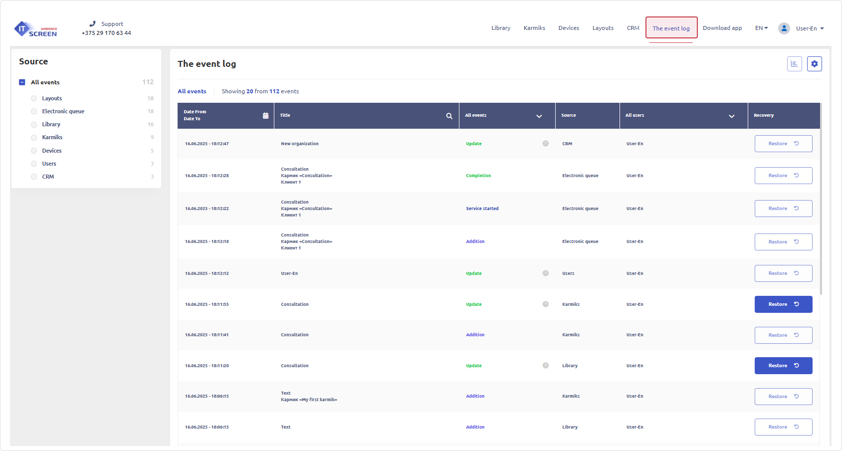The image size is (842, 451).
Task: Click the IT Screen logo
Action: [35, 29]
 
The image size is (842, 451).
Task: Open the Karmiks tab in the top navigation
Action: [534, 28]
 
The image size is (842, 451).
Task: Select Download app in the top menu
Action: [722, 28]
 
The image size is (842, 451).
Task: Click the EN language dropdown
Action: [761, 28]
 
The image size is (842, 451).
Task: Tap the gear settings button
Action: [814, 64]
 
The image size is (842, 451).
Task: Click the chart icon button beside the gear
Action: [794, 64]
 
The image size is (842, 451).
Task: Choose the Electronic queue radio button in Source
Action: [34, 111]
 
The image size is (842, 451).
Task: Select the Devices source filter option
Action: [34, 151]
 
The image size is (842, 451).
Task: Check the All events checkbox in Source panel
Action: [22, 82]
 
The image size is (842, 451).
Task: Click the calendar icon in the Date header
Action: [265, 116]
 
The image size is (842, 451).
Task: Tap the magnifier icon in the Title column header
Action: [449, 116]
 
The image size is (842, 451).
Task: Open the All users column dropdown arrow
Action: [731, 116]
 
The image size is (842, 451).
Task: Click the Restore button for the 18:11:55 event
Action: [783, 304]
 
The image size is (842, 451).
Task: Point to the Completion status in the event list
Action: [478, 176]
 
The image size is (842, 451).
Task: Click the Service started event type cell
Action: [482, 209]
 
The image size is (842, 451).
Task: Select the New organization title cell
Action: [300, 144]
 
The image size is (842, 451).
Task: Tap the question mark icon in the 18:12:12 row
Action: [545, 273]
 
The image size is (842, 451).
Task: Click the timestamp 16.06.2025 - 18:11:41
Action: [207, 335]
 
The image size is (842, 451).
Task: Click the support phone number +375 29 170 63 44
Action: [106, 33]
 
